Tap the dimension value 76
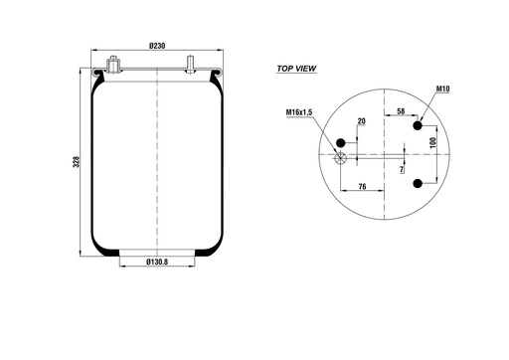pos(363,185)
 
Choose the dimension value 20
pos(362,121)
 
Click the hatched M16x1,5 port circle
pos(343,156)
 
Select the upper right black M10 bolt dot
pos(420,125)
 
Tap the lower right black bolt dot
pos(420,183)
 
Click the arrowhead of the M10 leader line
pos(424,119)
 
